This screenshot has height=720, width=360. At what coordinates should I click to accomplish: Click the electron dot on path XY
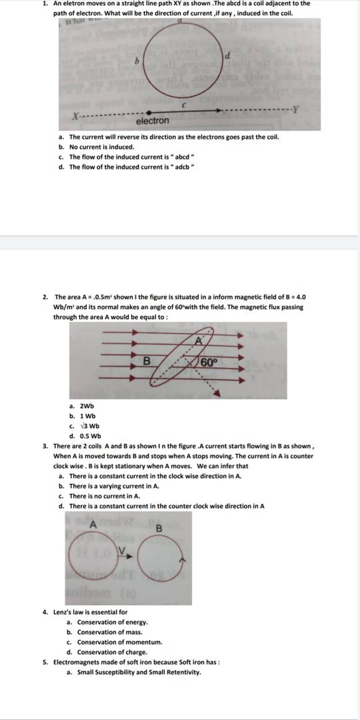click(148, 113)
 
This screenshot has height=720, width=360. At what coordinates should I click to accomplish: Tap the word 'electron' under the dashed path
click(153, 121)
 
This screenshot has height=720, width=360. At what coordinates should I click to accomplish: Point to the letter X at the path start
click(75, 116)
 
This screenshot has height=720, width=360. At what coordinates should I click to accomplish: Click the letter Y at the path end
click(296, 110)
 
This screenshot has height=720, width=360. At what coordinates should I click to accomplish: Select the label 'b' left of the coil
click(137, 61)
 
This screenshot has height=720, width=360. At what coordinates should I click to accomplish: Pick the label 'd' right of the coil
click(227, 56)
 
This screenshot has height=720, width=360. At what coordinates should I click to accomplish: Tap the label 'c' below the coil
click(184, 105)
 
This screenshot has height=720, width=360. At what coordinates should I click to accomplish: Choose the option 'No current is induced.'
click(102, 147)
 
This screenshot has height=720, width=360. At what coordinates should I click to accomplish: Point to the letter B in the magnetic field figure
click(147, 361)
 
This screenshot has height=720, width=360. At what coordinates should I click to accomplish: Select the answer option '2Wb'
click(87, 406)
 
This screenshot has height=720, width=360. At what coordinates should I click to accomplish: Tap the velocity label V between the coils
click(122, 550)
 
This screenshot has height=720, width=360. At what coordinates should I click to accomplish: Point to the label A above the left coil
click(93, 525)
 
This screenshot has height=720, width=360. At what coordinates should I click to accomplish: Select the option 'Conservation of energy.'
click(112, 622)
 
